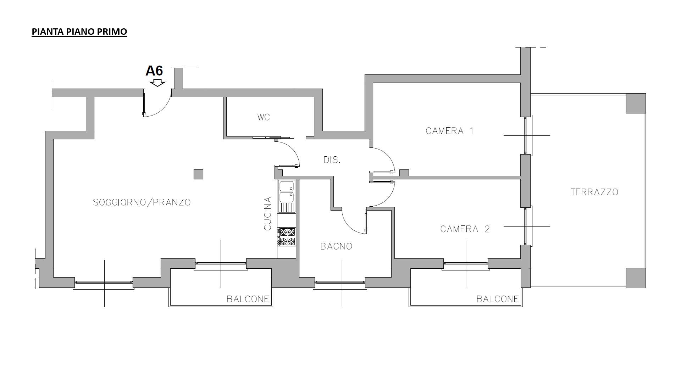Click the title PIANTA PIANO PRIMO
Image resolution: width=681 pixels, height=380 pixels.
pyautogui.click(x=79, y=32)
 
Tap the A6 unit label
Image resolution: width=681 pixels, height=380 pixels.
pyautogui.click(x=154, y=71)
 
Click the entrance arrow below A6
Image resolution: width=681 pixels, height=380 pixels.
pyautogui.click(x=157, y=83)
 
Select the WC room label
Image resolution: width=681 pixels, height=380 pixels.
pyautogui.click(x=264, y=117)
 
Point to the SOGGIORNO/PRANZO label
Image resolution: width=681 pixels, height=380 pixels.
pyautogui.click(x=142, y=202)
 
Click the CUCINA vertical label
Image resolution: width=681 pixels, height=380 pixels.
pyautogui.click(x=268, y=213)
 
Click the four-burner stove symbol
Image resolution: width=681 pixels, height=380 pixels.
pyautogui.click(x=287, y=237)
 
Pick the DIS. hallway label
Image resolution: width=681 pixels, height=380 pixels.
pyautogui.click(x=332, y=160)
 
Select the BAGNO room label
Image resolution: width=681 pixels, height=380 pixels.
pyautogui.click(x=336, y=246)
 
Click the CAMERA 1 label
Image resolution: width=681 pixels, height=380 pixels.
pyautogui.click(x=449, y=131)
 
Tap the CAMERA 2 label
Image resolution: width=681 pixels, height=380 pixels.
pyautogui.click(x=465, y=229)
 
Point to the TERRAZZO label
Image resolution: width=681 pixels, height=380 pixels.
pyautogui.click(x=594, y=192)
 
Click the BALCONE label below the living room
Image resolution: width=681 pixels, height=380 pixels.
pyautogui.click(x=248, y=299)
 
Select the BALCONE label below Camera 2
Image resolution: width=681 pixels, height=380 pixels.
pyautogui.click(x=498, y=299)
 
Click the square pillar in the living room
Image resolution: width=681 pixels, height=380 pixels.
pyautogui.click(x=198, y=174)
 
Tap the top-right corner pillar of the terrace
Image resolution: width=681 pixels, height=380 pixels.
pyautogui.click(x=636, y=103)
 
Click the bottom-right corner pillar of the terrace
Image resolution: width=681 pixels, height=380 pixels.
pyautogui.click(x=636, y=278)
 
